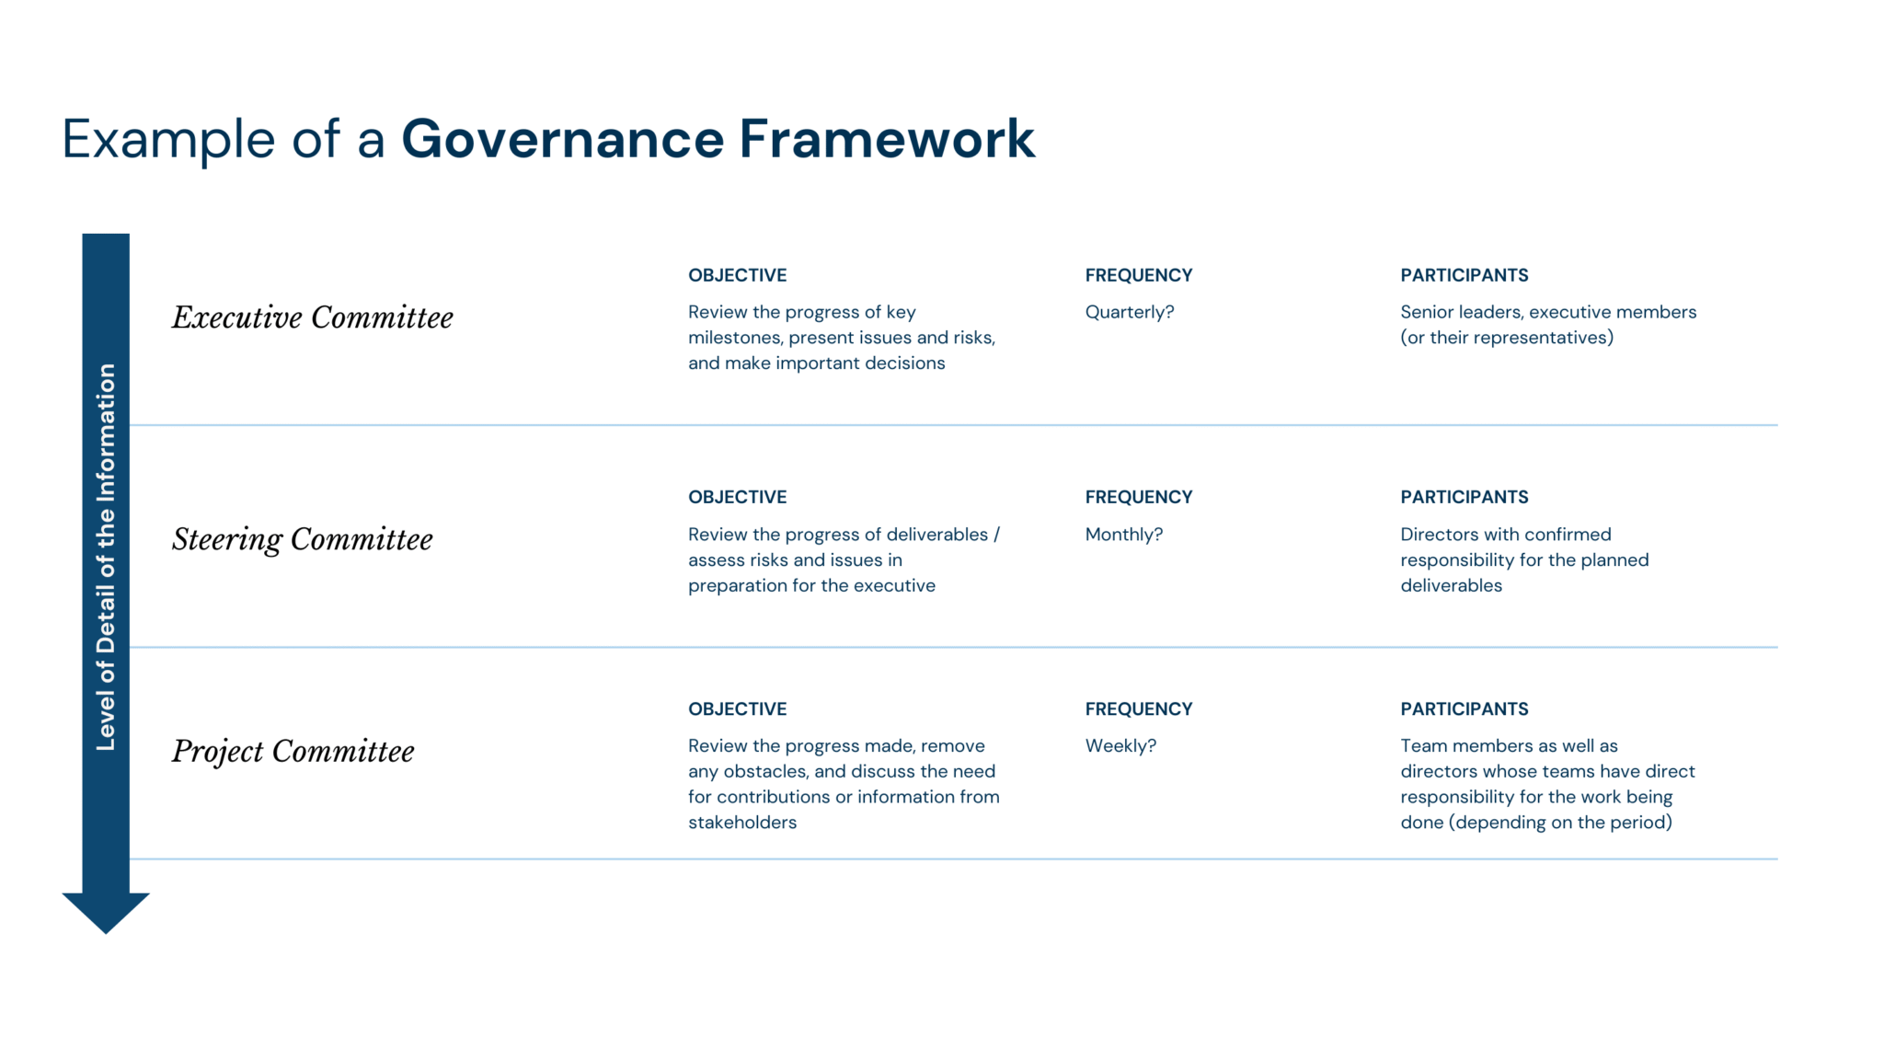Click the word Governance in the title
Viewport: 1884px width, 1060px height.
tap(561, 140)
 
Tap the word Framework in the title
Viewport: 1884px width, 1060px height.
tap(887, 139)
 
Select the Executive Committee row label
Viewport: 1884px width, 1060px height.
tap(313, 317)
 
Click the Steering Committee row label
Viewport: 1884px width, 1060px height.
tap(303, 539)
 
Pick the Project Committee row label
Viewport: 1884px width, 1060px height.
tap(293, 752)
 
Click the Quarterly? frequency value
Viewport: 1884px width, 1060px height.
tap(1130, 313)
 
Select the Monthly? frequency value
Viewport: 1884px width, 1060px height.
tap(1124, 536)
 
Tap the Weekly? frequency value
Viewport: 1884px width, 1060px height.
tap(1120, 746)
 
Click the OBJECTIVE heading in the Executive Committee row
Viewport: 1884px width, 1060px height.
tap(738, 275)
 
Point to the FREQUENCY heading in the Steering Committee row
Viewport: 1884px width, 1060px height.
tap(1139, 497)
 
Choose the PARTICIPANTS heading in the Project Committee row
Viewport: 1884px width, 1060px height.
tap(1465, 709)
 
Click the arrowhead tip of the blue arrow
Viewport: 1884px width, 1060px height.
tap(106, 933)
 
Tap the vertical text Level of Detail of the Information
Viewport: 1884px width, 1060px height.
tap(106, 557)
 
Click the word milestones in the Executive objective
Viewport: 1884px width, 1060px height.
tap(735, 338)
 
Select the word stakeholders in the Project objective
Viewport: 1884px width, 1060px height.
tap(742, 823)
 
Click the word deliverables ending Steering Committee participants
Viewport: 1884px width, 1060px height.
tap(1452, 586)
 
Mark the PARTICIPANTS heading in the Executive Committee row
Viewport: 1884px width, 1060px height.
tap(1465, 275)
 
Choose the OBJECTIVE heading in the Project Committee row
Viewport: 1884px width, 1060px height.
tap(738, 709)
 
